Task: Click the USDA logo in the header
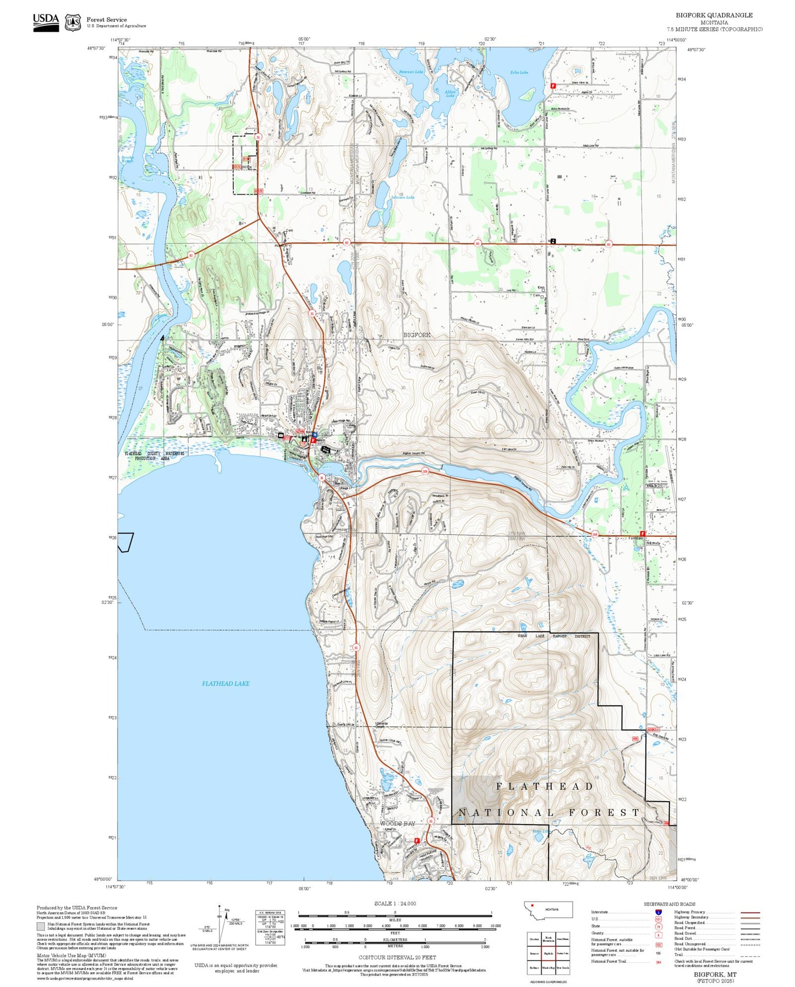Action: (x=46, y=21)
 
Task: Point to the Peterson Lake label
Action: (x=411, y=72)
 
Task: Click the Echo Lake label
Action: (x=519, y=72)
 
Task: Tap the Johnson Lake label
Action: (x=403, y=197)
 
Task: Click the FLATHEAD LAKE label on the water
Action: (x=226, y=683)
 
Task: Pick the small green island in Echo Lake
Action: (x=527, y=96)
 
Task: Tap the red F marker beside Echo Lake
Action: (x=553, y=86)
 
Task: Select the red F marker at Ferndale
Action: (x=642, y=533)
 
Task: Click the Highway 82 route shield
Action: (x=191, y=255)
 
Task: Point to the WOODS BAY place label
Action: (x=397, y=823)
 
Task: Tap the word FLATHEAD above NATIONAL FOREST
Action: (x=545, y=787)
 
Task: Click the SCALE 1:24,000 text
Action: (x=395, y=903)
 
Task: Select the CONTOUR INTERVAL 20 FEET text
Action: (x=397, y=957)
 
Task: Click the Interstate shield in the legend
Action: (x=658, y=912)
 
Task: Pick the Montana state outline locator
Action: (x=549, y=909)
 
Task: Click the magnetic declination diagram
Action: (x=220, y=924)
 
